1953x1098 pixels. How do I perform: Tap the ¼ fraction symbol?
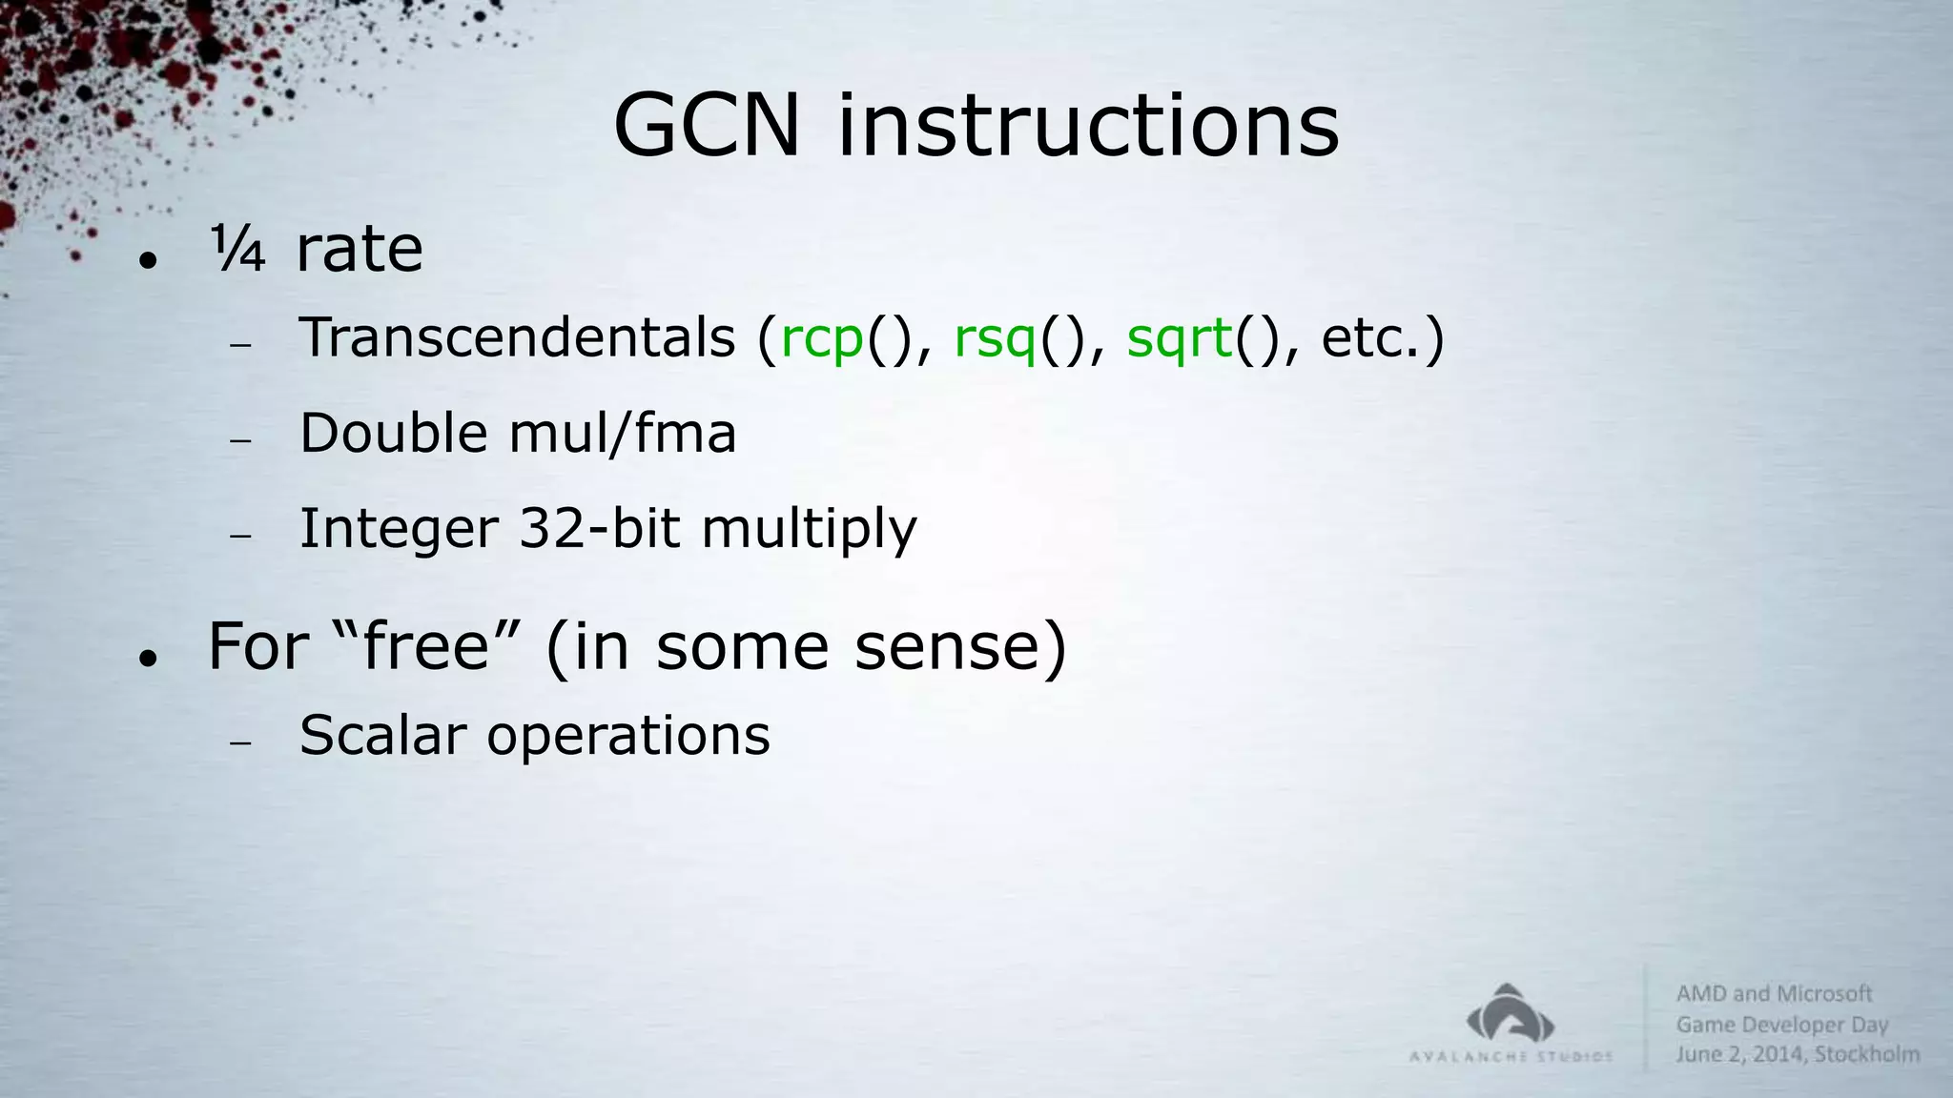pyautogui.click(x=236, y=249)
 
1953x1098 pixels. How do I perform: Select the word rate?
pyautogui.click(x=359, y=250)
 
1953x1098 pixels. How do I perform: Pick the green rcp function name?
pyautogui.click(x=822, y=339)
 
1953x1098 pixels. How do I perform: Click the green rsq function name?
pyautogui.click(x=995, y=339)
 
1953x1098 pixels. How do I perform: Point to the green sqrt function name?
pyautogui.click(x=1180, y=338)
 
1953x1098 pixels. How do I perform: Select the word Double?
pyautogui.click(x=394, y=433)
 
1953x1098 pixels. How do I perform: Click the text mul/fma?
pyautogui.click(x=623, y=433)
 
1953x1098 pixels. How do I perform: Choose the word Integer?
pyautogui.click(x=399, y=529)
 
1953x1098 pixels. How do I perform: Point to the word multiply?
pyautogui.click(x=809, y=530)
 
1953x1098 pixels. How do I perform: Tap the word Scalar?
pyautogui.click(x=382, y=736)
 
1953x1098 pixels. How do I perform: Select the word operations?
pyautogui.click(x=628, y=737)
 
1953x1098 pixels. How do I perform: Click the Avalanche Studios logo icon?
pyautogui.click(x=1511, y=1014)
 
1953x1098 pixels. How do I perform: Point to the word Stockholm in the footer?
pyautogui.click(x=1867, y=1054)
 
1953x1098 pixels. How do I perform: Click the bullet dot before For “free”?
pyautogui.click(x=146, y=658)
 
